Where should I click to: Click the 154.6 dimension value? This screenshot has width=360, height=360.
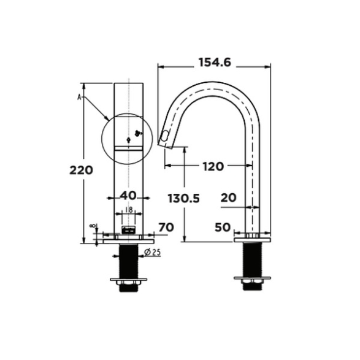pos(215,63)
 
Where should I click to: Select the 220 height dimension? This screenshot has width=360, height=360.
pos(82,170)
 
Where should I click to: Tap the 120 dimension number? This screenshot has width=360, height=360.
pos(213,166)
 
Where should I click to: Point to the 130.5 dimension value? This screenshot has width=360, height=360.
pos(183,199)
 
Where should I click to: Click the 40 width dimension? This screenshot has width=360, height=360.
pos(128,196)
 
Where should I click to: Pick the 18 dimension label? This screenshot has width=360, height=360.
pos(129,210)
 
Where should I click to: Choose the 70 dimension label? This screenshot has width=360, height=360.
pos(166,228)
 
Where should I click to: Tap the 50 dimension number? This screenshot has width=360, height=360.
pos(223,228)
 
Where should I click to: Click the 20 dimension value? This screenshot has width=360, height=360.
pos(228,197)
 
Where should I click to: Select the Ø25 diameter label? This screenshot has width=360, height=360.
pos(152,253)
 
